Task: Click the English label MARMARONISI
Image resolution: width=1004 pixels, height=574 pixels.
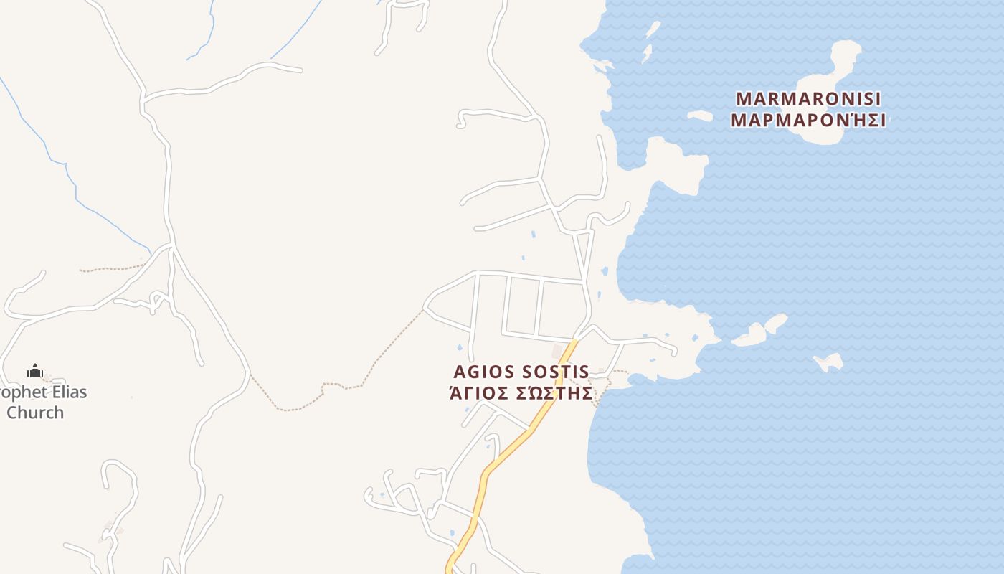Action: [808, 98]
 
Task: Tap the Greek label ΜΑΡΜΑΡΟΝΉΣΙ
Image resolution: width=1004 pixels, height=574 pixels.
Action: [808, 120]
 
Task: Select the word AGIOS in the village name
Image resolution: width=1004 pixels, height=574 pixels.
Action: [484, 372]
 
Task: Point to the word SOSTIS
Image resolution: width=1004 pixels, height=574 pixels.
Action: [556, 372]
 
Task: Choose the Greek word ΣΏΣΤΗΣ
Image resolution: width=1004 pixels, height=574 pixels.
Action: [554, 394]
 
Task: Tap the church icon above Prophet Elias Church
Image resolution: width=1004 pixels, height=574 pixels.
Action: [35, 371]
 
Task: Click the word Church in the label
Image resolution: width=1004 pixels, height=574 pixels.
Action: [35, 413]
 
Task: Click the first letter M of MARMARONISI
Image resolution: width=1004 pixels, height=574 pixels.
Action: [744, 98]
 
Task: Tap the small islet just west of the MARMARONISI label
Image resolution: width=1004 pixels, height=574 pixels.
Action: [700, 116]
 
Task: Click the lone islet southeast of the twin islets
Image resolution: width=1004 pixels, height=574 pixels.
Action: [829, 362]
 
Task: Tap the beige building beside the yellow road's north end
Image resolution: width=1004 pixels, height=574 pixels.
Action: [558, 351]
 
